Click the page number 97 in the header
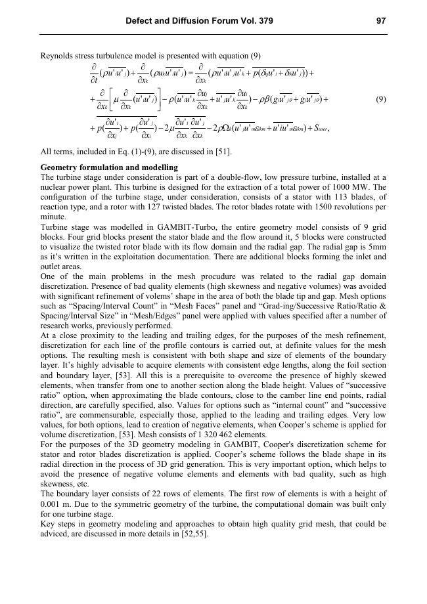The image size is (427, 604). tap(380, 21)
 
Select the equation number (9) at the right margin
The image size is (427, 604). tap(380, 100)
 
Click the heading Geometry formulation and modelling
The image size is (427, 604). tap(109, 168)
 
